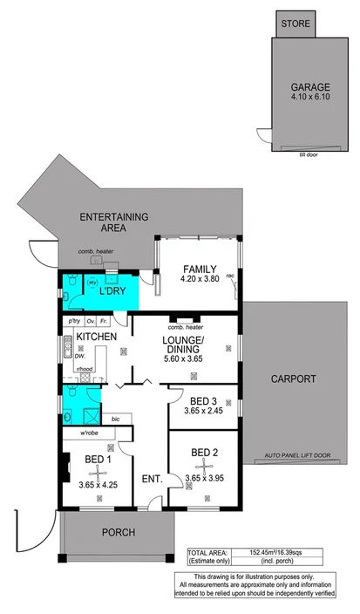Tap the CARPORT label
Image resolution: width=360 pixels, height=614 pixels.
[x=293, y=379]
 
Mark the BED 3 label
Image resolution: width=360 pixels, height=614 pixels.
[x=203, y=401]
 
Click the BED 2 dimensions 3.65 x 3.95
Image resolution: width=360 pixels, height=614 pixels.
[x=203, y=466]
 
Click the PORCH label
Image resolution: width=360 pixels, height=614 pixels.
[x=117, y=534]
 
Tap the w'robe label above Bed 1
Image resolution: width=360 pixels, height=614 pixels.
[x=90, y=433]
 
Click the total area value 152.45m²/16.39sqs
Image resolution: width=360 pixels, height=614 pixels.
[x=273, y=553]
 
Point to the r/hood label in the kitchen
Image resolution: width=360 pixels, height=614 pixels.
[x=85, y=369]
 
